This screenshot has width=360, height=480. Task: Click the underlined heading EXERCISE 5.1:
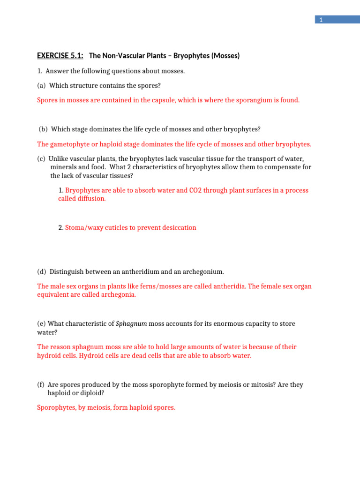60,56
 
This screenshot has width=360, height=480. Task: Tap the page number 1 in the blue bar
321,20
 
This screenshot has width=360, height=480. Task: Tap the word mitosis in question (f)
262,385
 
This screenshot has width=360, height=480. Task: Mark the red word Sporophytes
55,408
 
